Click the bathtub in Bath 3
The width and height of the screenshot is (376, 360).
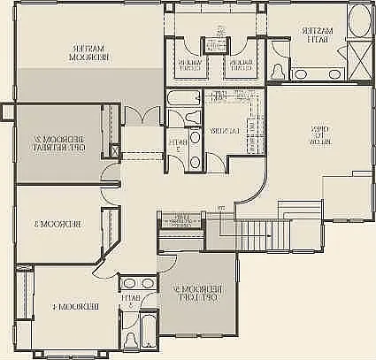pos(138,341)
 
